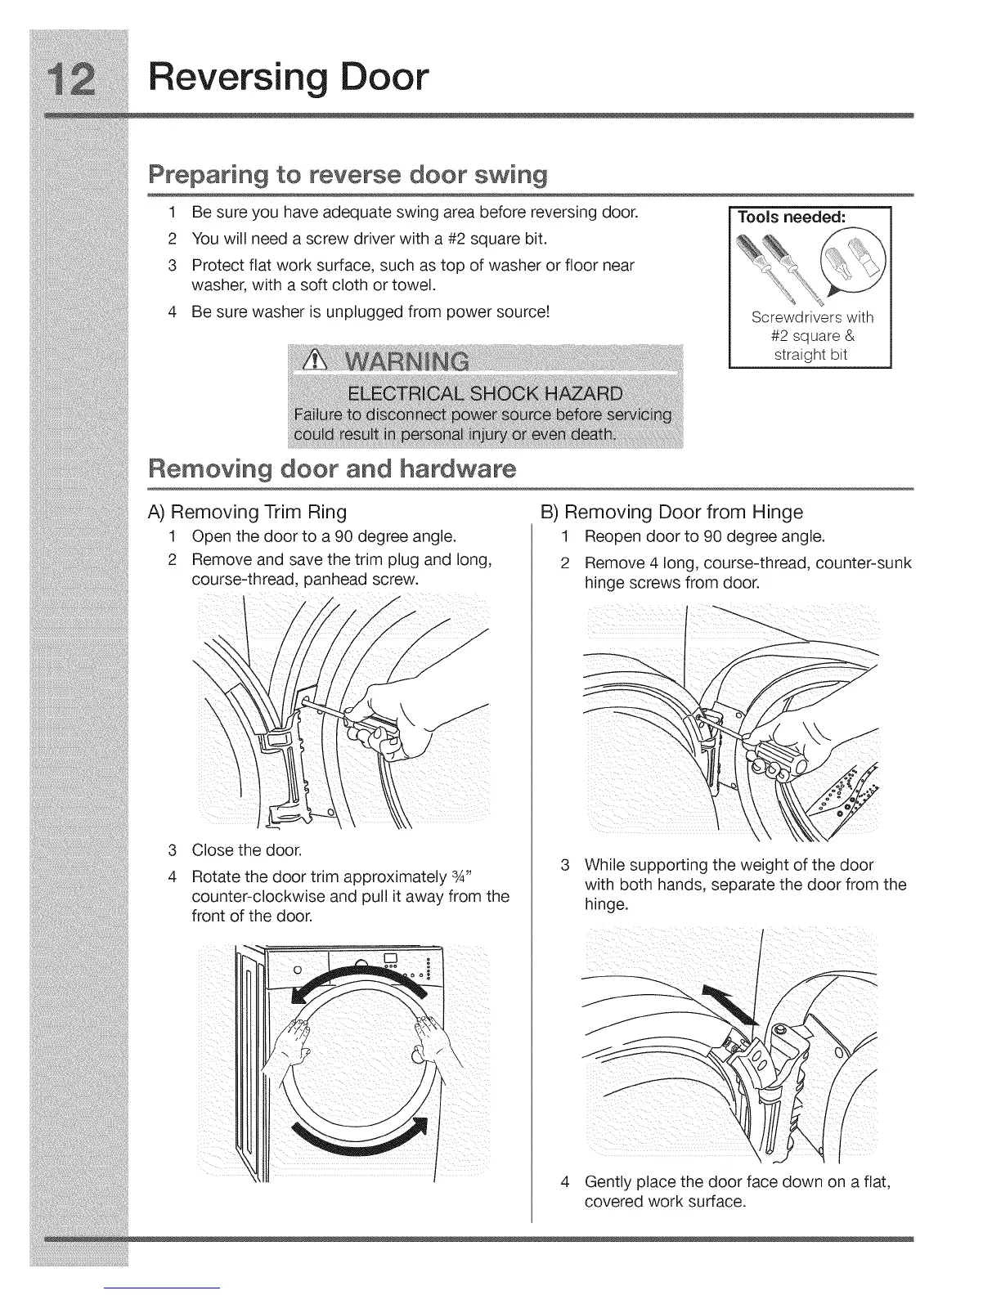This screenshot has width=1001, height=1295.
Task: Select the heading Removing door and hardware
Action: (x=331, y=469)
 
